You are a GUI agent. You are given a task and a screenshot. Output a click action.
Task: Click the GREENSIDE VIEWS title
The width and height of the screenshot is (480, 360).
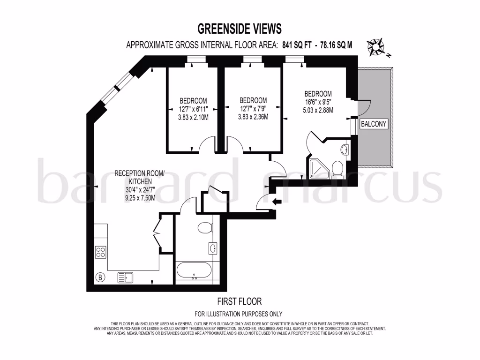pos(240,29)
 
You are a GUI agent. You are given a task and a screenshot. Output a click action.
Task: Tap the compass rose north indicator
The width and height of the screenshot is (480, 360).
pos(376,47)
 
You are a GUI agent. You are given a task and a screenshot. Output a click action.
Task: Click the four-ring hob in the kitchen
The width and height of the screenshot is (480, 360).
pos(101,252)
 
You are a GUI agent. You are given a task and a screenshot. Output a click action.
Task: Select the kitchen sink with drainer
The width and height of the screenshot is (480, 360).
pos(125,277)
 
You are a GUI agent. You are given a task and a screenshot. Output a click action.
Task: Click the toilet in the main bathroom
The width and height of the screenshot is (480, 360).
pos(205,228)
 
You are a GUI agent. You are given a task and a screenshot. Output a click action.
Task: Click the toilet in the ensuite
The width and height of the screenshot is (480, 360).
pos(337,168)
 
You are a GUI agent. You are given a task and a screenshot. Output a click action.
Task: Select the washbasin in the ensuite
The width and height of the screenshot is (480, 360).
pos(344,150)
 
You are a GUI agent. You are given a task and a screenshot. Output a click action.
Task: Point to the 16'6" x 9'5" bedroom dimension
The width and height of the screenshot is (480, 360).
pos(318,102)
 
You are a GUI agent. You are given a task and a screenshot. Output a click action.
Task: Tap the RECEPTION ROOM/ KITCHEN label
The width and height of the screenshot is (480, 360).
pos(140,178)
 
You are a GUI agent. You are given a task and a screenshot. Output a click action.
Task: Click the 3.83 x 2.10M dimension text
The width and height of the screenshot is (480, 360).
pos(193,117)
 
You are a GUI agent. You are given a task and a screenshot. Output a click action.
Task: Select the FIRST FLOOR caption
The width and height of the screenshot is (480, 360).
pos(239,301)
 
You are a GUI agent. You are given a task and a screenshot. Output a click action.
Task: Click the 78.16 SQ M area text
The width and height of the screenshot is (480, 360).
pos(336,45)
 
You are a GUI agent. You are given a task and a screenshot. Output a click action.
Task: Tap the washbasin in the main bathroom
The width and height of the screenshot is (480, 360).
pos(213,248)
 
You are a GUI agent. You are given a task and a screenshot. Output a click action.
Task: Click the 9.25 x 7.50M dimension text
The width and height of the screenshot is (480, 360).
pos(140,199)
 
